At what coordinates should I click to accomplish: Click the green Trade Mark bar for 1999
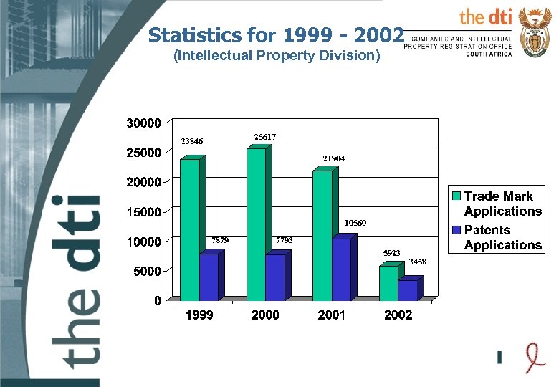coord(189,229)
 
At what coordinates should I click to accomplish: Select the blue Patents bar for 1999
coord(209,277)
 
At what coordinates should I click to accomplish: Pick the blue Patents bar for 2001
coord(341,269)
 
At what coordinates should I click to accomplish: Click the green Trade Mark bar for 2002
coord(388,282)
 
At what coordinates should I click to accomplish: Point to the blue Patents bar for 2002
coord(407,290)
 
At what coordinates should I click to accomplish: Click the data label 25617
coord(265,136)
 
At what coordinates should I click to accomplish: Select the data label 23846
coord(191,141)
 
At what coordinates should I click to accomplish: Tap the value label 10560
coord(355,224)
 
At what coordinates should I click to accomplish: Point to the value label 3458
coord(418,262)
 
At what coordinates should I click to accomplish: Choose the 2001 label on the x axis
coord(332,315)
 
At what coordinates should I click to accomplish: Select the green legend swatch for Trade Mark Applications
coord(457,196)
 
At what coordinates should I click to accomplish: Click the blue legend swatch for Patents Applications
coord(457,230)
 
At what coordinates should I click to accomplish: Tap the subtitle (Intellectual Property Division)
coord(277,55)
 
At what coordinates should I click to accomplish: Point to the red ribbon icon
coord(529,356)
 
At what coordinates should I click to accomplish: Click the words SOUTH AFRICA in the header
coord(489,54)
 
